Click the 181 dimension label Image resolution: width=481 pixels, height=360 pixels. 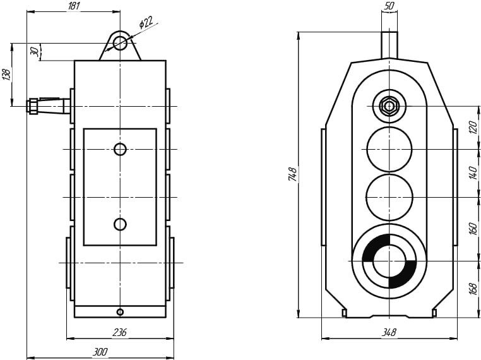click(73, 6)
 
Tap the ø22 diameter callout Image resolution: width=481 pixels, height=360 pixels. click(146, 23)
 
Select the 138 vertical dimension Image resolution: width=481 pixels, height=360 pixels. click(7, 74)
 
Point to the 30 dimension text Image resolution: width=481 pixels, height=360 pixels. click(34, 51)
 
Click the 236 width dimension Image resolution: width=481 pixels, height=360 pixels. click(119, 333)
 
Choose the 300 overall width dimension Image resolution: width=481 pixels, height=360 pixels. click(100, 352)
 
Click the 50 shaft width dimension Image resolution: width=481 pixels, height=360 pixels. click(389, 6)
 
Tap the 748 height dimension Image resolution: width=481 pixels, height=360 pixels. click(292, 175)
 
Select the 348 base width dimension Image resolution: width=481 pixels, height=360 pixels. click(389, 332)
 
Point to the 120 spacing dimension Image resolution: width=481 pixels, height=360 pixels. click(473, 128)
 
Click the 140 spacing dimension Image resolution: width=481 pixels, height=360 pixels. click(473, 172)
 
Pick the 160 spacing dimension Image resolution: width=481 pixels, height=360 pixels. click(473, 229)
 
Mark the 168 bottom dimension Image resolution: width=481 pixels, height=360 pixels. click(473, 288)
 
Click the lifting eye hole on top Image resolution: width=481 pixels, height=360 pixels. click(120, 43)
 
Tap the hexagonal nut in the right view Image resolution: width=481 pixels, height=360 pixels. click(389, 105)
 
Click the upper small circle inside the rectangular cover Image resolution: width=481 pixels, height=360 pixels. click(120, 149)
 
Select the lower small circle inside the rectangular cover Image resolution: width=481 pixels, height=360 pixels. click(120, 224)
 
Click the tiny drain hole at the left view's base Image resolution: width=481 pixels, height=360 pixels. click(120, 312)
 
